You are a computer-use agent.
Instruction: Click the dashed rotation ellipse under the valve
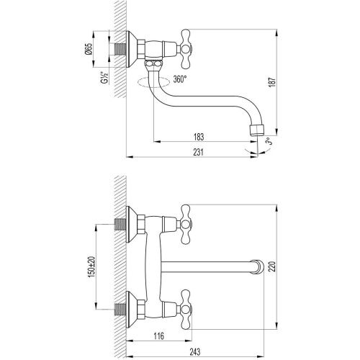click(152, 81)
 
